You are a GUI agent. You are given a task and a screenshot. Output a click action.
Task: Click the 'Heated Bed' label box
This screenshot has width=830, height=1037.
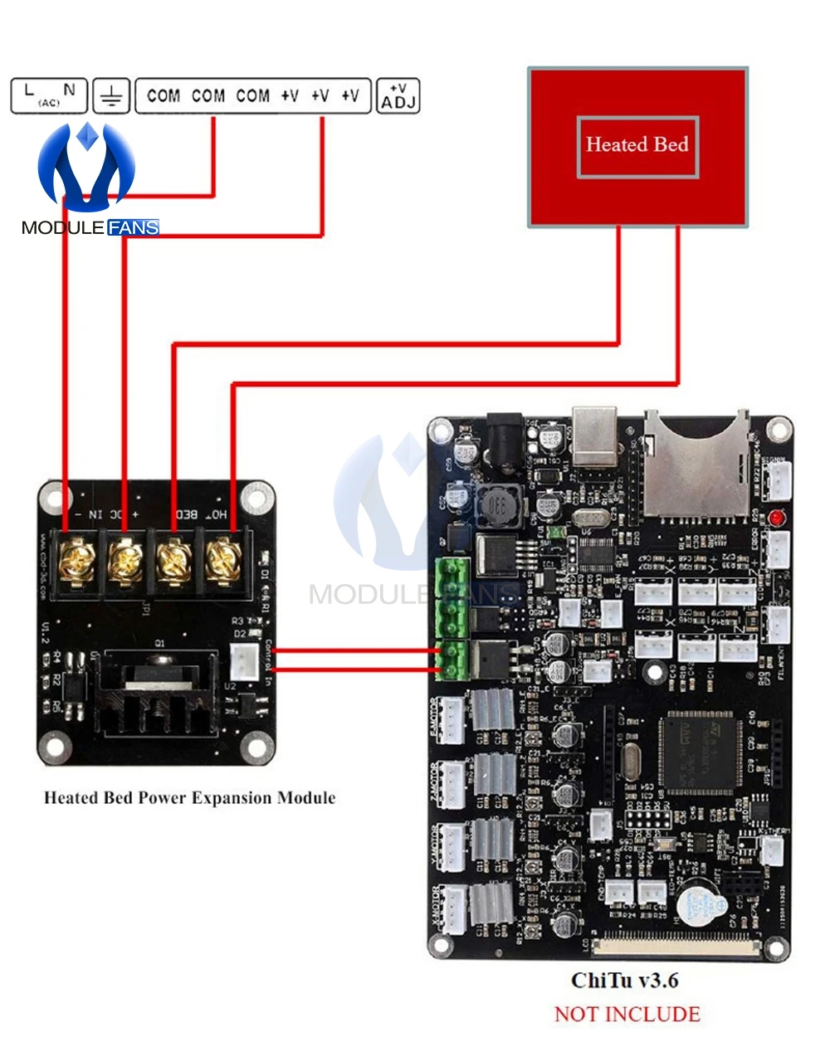coord(637,146)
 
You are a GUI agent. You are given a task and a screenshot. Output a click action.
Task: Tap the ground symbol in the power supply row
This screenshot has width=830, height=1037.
coord(110,96)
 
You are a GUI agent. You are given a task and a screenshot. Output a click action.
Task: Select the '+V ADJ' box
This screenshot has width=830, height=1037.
coord(398,96)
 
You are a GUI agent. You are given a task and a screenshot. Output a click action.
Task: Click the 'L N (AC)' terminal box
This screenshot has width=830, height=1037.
coord(49,95)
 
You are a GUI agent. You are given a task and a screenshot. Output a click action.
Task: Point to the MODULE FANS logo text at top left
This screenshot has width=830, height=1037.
coord(90,227)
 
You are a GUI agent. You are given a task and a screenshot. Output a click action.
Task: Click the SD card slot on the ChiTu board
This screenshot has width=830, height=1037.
coord(696,465)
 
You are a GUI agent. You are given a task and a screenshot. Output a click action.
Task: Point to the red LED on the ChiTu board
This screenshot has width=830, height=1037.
coord(776,518)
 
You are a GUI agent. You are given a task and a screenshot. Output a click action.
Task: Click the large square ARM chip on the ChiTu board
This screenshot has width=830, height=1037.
coord(701,753)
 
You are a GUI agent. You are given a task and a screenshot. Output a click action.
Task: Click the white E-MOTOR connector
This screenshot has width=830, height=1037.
coord(451,719)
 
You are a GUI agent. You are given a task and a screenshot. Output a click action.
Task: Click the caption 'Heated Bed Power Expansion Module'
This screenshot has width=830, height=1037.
coord(190,798)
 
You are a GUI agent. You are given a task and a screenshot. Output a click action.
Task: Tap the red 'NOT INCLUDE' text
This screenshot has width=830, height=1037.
coord(627,1014)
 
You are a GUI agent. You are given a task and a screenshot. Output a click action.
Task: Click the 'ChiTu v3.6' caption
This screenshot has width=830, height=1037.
coord(625,981)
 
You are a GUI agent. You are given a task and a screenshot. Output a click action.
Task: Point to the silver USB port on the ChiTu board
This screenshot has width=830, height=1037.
coord(595,435)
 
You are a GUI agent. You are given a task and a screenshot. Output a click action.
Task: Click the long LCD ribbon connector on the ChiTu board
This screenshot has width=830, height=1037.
coord(676,943)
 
